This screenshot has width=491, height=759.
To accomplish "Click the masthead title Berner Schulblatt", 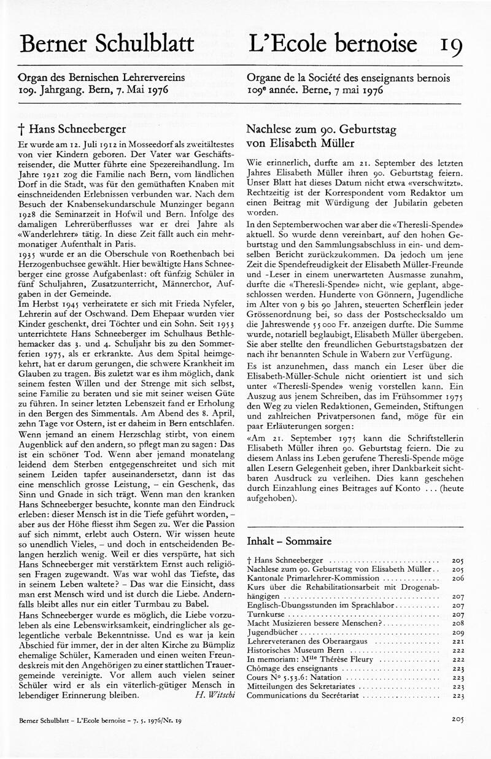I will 107,43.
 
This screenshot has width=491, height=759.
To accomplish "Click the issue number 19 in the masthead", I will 450,44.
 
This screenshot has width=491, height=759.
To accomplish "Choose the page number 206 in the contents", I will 457,579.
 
